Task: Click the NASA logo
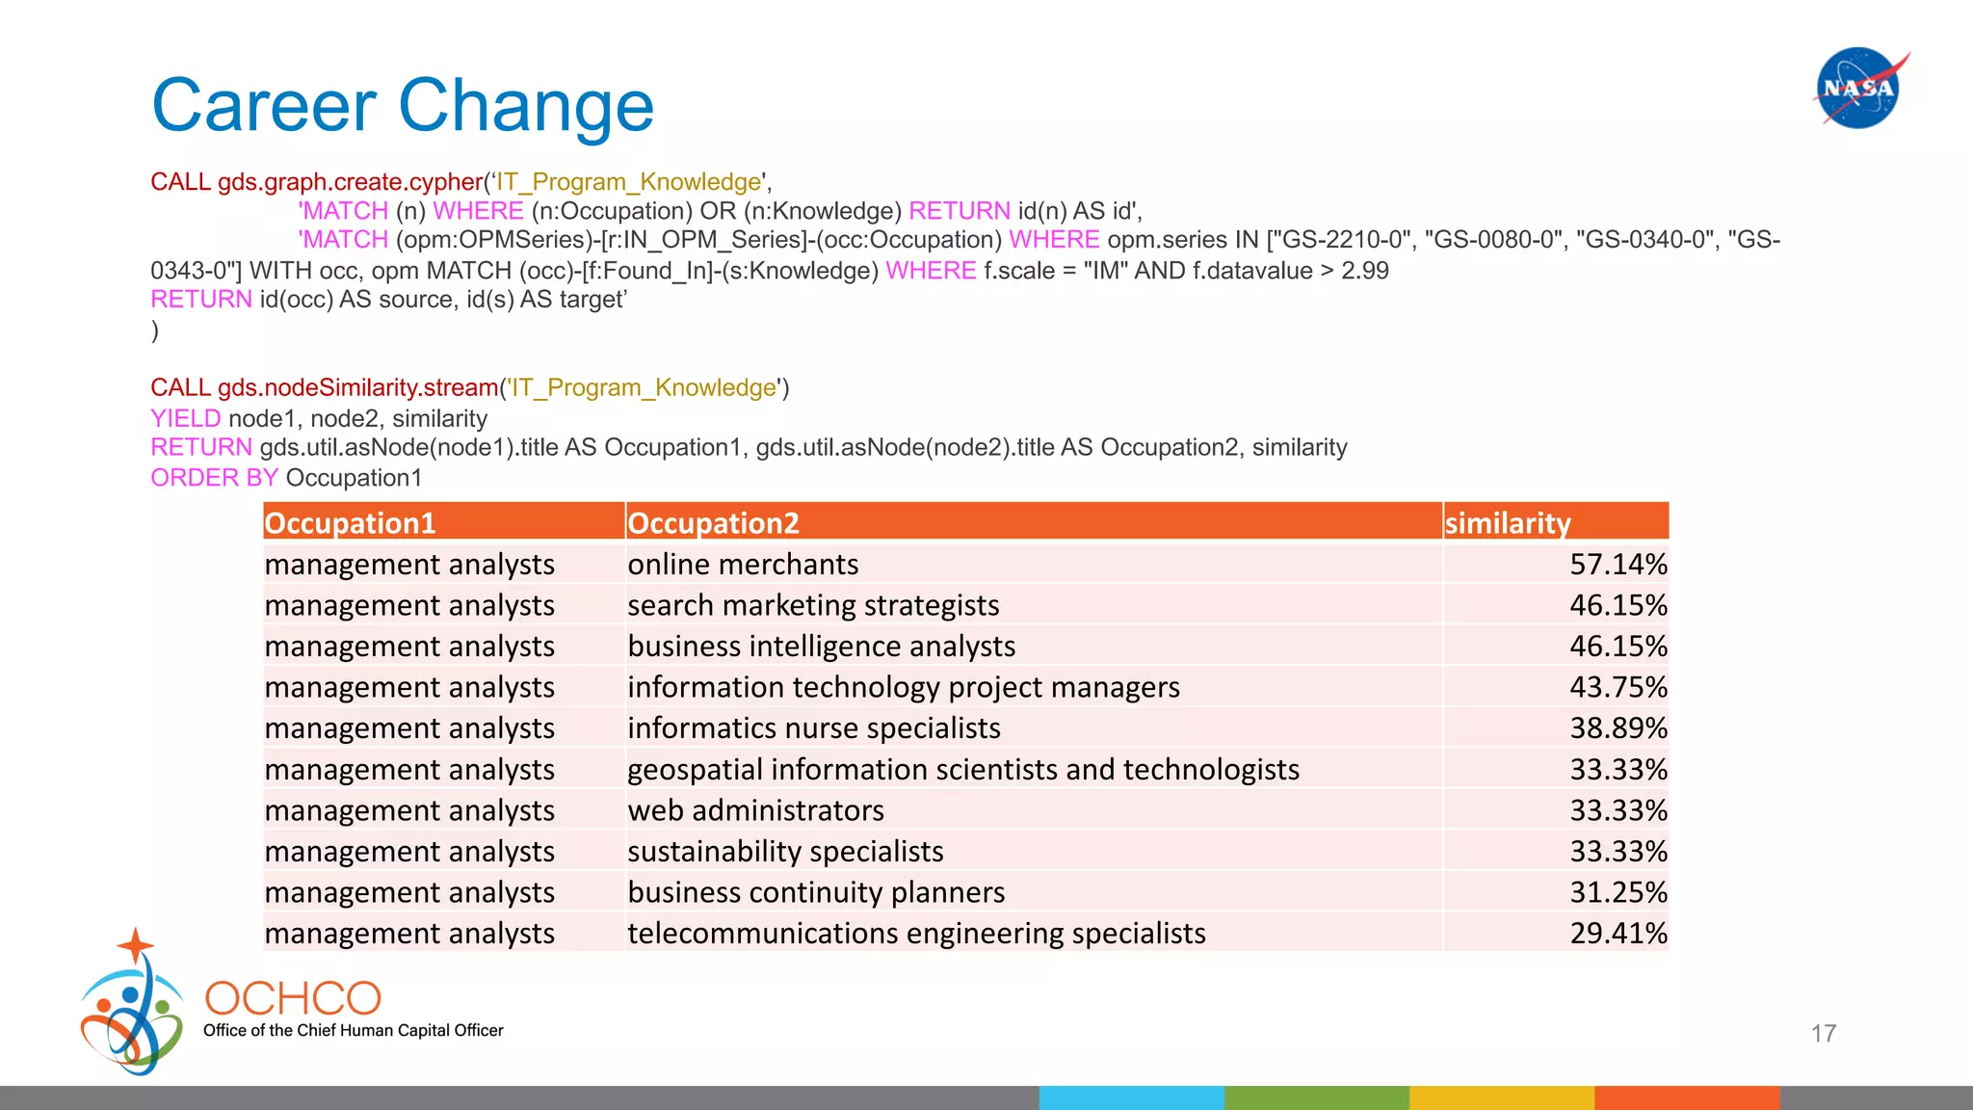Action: pyautogui.click(x=1858, y=88)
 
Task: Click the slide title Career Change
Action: pyautogui.click(x=403, y=105)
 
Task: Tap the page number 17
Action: pyautogui.click(x=1823, y=1034)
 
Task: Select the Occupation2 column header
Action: pyautogui.click(x=713, y=523)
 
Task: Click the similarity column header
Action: pyautogui.click(x=1508, y=523)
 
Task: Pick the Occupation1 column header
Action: pyautogui.click(x=350, y=523)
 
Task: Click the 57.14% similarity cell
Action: pyautogui.click(x=1618, y=565)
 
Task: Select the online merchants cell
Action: pyautogui.click(x=743, y=565)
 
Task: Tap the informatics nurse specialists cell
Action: pyautogui.click(x=814, y=728)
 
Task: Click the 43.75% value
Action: pyautogui.click(x=1618, y=687)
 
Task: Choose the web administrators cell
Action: pyautogui.click(x=755, y=810)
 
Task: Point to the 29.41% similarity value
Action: pyautogui.click(x=1618, y=934)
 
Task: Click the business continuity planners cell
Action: pyautogui.click(x=816, y=892)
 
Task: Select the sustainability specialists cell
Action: pyautogui.click(x=785, y=852)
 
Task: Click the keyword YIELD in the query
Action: pyautogui.click(x=186, y=418)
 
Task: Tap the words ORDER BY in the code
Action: pyautogui.click(x=214, y=478)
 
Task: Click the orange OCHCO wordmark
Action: pyautogui.click(x=293, y=998)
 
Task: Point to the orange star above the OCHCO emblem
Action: pyautogui.click(x=136, y=945)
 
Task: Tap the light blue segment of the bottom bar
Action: pyautogui.click(x=1131, y=1097)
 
